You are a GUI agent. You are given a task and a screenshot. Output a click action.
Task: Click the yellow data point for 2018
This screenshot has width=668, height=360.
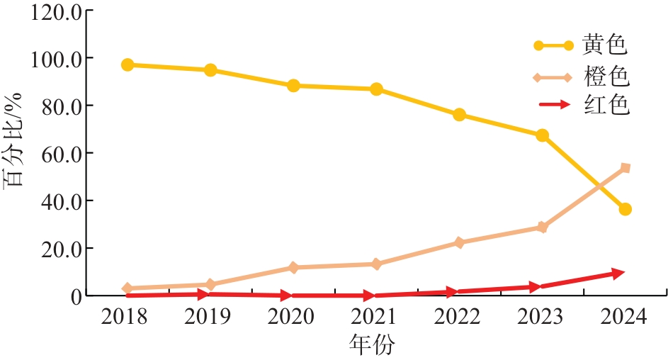tap(128, 65)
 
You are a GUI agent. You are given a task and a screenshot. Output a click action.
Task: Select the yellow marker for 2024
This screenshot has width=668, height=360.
tap(625, 209)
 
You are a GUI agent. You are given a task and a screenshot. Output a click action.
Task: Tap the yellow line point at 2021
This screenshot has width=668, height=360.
tap(376, 89)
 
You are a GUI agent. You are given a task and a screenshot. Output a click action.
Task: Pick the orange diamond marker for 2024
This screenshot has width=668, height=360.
tap(625, 168)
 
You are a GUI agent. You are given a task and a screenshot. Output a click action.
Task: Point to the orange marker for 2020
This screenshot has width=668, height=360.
tap(293, 268)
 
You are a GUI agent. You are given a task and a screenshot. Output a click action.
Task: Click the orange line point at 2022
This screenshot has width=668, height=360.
tap(459, 242)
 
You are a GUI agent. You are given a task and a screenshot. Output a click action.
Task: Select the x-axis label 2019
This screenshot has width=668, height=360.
tap(210, 317)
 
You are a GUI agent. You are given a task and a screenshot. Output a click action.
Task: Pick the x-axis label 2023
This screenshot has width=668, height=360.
tap(542, 317)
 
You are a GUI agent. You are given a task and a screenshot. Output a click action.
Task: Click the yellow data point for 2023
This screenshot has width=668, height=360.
tap(542, 135)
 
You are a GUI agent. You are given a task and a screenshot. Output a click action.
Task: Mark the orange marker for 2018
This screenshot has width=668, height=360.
tap(128, 288)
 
